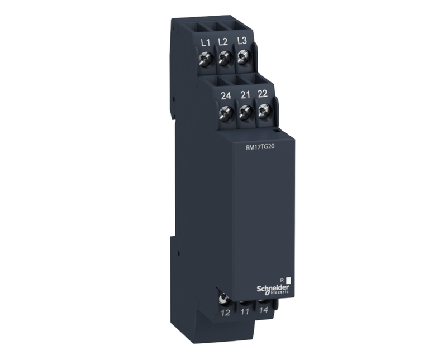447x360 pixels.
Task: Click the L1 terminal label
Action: pyautogui.click(x=205, y=43)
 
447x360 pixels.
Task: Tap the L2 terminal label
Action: pyautogui.click(x=223, y=42)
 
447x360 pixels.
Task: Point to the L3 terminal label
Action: pyautogui.click(x=241, y=41)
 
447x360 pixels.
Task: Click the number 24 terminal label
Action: pyautogui.click(x=226, y=96)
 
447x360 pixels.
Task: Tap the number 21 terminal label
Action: pyautogui.click(x=245, y=95)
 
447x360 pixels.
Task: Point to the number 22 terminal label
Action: pyautogui.click(x=262, y=94)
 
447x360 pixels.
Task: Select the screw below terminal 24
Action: pyautogui.click(x=225, y=114)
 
